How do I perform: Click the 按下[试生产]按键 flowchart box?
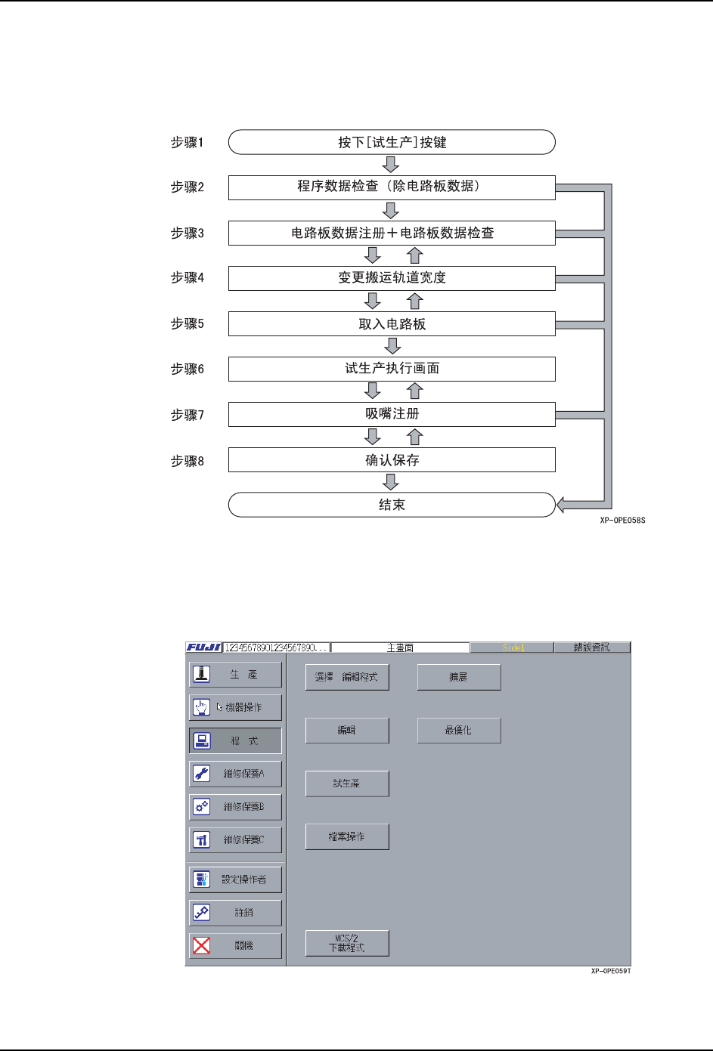392,142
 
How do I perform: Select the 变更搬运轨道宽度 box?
392,278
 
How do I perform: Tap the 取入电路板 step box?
392,324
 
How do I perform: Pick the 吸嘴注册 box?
392,414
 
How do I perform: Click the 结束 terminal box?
392,505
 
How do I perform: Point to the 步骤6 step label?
188,369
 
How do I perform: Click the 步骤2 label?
188,187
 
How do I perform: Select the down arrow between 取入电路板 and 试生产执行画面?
392,346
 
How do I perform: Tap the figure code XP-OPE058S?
622,521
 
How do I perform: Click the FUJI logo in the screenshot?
204,648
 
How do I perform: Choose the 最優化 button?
459,731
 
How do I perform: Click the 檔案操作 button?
347,836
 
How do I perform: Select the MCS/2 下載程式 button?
347,943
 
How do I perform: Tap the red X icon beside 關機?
201,945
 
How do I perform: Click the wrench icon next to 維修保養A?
201,774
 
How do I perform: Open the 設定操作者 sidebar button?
235,879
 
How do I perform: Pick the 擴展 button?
459,677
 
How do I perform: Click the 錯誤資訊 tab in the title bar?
591,648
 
